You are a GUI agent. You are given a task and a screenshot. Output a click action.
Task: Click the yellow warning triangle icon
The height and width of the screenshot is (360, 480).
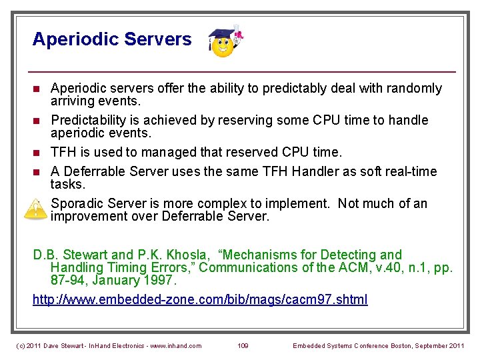34,209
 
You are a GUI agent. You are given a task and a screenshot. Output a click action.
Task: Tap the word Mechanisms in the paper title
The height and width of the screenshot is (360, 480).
260,255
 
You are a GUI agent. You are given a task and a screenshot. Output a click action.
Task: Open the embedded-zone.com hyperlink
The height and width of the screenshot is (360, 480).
200,299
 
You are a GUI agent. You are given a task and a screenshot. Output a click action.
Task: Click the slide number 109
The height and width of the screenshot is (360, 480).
244,345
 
